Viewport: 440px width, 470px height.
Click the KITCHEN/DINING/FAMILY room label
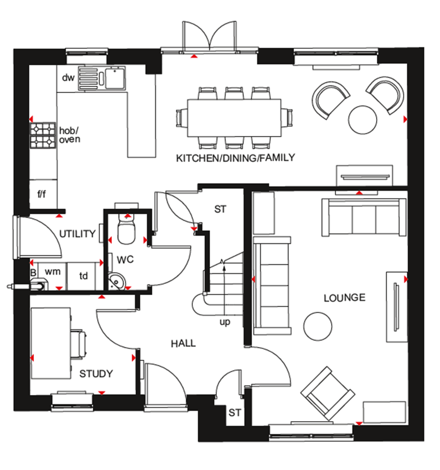[x=235, y=158]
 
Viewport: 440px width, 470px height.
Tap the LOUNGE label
[x=344, y=298]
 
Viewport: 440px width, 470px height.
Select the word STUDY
[x=96, y=374]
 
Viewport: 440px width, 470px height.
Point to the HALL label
[x=183, y=343]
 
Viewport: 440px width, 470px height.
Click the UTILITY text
[x=77, y=234]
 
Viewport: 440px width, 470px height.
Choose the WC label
[x=125, y=259]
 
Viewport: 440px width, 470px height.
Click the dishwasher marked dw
[x=68, y=78]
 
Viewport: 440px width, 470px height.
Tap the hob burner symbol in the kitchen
[x=43, y=136]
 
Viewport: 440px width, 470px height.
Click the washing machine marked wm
[x=52, y=272]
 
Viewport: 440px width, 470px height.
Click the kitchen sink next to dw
[x=102, y=78]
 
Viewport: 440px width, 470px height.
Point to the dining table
[x=234, y=117]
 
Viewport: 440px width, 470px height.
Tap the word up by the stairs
[x=225, y=322]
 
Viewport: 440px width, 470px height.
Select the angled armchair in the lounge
[x=327, y=393]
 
